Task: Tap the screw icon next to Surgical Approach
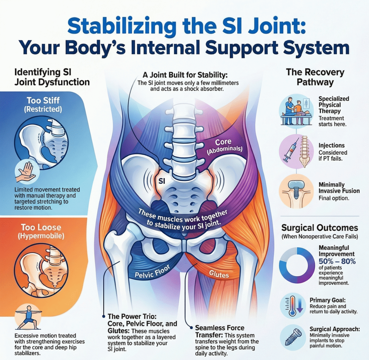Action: click(293, 337)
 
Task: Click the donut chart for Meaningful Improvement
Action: click(297, 262)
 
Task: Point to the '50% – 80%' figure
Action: click(337, 262)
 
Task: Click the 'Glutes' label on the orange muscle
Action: click(219, 274)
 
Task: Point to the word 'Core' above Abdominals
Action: click(223, 142)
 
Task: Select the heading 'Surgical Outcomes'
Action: click(320, 228)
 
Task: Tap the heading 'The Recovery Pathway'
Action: click(315, 77)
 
